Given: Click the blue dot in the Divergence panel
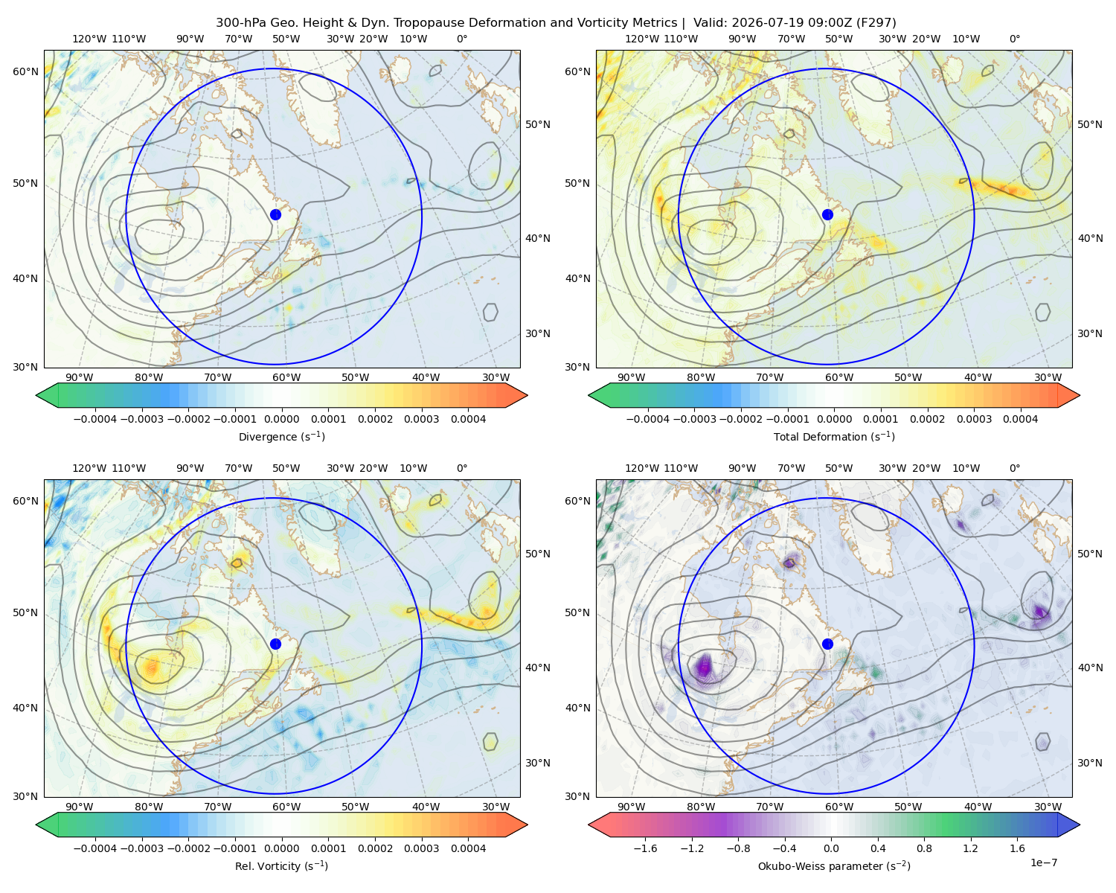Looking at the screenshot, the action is pyautogui.click(x=275, y=214).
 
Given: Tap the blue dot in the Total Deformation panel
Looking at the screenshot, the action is pyautogui.click(x=827, y=214).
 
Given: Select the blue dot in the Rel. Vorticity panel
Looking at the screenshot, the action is pyautogui.click(x=275, y=644).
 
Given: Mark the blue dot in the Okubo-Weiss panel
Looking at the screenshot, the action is pyautogui.click(x=827, y=644).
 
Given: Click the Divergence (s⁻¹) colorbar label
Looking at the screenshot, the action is pyautogui.click(x=281, y=436).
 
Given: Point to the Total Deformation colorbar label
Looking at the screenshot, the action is pyautogui.click(x=834, y=436).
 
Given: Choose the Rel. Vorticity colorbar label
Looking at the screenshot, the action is pyautogui.click(x=281, y=865).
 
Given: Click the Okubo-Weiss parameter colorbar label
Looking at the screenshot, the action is pyautogui.click(x=834, y=865).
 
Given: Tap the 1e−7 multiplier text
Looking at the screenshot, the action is pyautogui.click(x=1043, y=862).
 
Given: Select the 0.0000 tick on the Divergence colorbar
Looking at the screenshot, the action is pyautogui.click(x=281, y=419).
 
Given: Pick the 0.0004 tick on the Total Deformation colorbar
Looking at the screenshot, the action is pyautogui.click(x=1020, y=419).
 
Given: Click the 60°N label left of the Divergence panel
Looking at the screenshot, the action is pyautogui.click(x=25, y=71).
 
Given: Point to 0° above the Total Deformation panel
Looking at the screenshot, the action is pyautogui.click(x=1014, y=39).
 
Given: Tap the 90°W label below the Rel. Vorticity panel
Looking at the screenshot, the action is pyautogui.click(x=80, y=807).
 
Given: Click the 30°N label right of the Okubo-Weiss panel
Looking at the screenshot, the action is pyautogui.click(x=1090, y=763).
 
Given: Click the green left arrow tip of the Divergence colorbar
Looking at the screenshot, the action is pyautogui.click(x=36, y=395).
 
